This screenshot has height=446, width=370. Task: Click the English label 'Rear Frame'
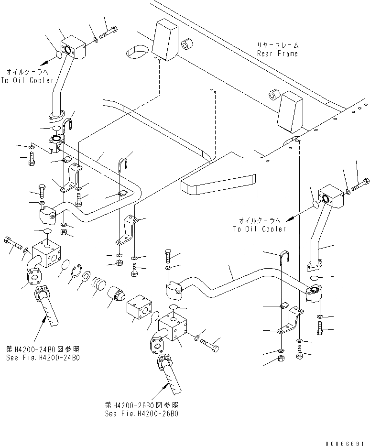coord(277,54)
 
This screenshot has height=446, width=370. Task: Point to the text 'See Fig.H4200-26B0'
coord(143,413)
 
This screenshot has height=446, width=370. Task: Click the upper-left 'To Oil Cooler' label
coord(27,80)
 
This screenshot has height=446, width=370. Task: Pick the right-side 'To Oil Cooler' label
coord(259,229)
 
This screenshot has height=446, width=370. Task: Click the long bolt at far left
coord(13,243)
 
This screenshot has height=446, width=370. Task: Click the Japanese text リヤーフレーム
coord(277,45)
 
